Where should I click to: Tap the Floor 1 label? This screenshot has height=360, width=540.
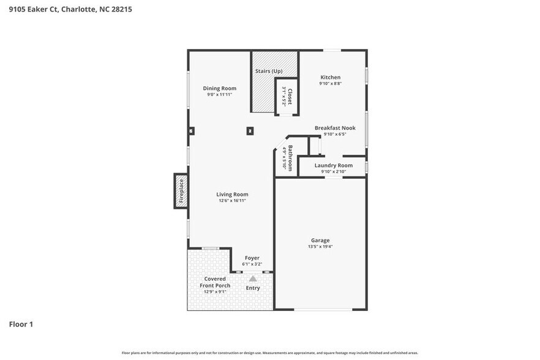click(21, 324)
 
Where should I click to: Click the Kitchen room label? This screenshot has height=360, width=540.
click(330, 78)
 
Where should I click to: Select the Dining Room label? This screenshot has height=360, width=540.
click(220, 88)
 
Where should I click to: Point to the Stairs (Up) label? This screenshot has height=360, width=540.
click(268, 71)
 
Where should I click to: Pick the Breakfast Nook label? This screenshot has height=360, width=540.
click(335, 128)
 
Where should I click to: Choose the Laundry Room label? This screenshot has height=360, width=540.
click(334, 165)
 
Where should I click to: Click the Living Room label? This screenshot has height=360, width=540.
click(232, 194)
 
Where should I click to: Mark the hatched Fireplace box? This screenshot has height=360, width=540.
click(181, 191)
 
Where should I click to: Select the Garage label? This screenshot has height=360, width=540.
click(320, 241)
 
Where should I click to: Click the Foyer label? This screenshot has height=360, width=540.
click(252, 258)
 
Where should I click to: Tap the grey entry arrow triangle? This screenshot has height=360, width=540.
click(253, 278)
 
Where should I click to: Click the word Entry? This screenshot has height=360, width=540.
click(253, 288)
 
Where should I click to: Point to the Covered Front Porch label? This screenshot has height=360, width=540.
click(215, 282)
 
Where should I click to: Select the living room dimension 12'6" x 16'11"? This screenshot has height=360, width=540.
click(232, 201)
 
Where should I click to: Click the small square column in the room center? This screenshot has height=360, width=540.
click(250, 130)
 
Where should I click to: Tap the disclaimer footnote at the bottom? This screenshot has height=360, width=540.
click(270, 353)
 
